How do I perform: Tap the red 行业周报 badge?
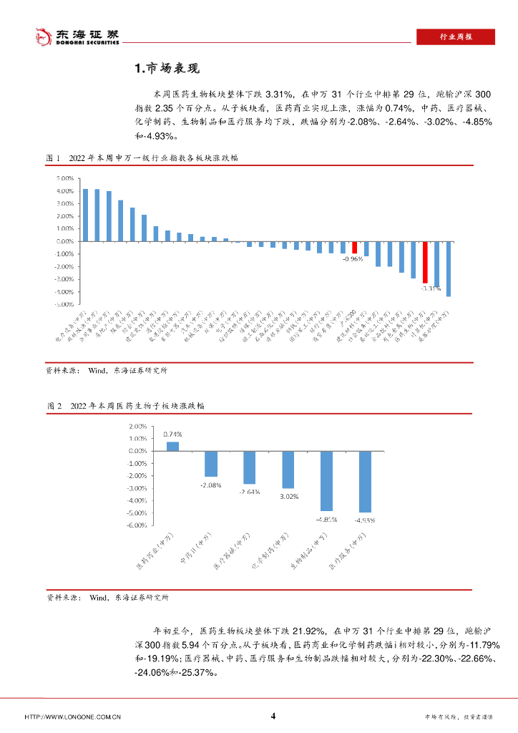point(455,37)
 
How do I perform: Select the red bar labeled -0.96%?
point(354,248)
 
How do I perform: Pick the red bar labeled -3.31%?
point(424,262)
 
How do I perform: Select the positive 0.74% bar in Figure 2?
point(172,446)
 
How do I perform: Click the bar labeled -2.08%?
point(211,464)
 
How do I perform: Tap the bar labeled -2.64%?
point(249,467)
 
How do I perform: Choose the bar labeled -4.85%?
point(326,481)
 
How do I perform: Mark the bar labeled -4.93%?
point(365,482)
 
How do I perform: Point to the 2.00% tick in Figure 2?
point(137,427)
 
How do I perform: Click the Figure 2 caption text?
point(125,405)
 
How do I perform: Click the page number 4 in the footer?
point(273,716)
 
